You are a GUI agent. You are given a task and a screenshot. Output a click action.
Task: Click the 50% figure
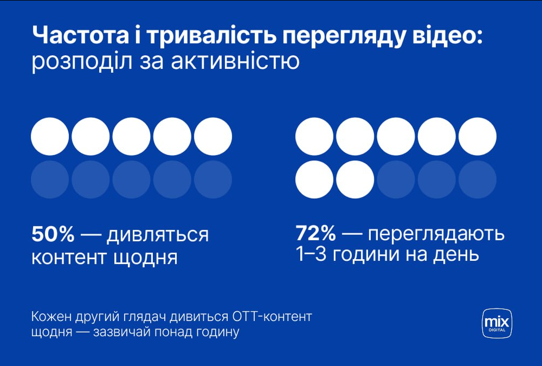click(x=53, y=235)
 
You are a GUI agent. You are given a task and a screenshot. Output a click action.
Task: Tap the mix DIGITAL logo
click(x=497, y=323)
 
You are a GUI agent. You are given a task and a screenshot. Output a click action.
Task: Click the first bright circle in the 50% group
click(x=50, y=136)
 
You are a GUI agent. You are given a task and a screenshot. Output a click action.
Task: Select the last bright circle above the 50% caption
click(x=213, y=136)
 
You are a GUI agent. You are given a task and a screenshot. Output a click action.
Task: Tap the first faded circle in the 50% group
click(x=50, y=179)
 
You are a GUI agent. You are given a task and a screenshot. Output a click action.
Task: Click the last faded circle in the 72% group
click(x=478, y=179)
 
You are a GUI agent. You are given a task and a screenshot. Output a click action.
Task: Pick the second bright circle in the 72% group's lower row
click(x=355, y=179)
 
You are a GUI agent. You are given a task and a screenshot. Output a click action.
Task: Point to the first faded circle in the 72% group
click(x=396, y=179)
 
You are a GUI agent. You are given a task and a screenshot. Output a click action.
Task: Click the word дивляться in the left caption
click(x=157, y=235)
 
